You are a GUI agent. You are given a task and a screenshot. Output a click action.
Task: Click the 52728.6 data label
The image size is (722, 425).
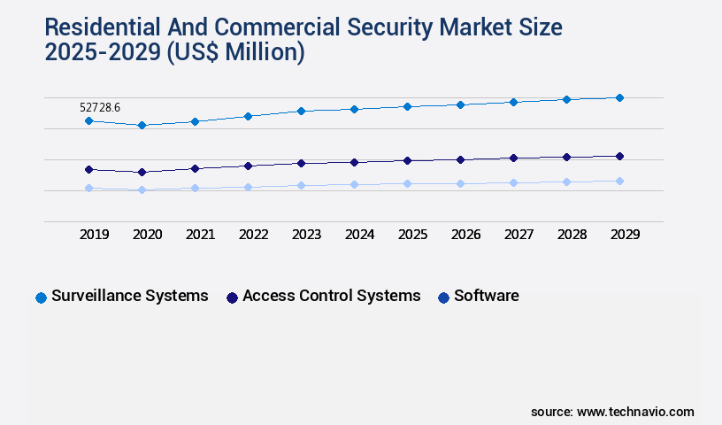(x=100, y=107)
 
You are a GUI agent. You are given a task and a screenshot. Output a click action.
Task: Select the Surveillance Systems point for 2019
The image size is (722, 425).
(x=88, y=120)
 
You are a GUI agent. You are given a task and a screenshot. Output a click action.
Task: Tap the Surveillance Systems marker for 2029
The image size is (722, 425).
(x=619, y=97)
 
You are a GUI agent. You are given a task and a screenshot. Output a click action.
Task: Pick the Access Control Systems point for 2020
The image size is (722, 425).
(x=142, y=172)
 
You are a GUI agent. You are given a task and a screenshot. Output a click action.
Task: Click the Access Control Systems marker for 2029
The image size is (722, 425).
(x=619, y=156)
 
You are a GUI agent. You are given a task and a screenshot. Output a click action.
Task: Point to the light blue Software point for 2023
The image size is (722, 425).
(x=301, y=185)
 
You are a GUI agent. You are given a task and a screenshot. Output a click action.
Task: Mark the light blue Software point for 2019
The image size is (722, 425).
(x=88, y=188)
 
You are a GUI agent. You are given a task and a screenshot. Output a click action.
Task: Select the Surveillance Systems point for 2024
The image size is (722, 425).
(x=354, y=109)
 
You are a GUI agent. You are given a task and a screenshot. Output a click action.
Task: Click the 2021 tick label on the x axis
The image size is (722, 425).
(x=200, y=235)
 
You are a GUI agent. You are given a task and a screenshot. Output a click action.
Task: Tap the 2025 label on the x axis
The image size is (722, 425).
(x=412, y=235)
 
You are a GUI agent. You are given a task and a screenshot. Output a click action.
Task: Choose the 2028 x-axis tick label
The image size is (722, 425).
(x=572, y=235)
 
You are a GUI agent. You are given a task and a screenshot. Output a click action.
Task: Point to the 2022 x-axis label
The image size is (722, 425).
(x=253, y=235)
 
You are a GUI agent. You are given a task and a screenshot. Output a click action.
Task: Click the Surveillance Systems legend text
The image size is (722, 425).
(x=130, y=296)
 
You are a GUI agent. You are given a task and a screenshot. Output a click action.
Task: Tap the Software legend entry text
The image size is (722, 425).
(x=486, y=296)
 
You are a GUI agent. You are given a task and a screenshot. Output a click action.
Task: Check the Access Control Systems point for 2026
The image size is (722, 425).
(x=460, y=159)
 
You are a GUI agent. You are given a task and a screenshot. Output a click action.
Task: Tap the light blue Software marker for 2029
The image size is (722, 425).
(x=619, y=181)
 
